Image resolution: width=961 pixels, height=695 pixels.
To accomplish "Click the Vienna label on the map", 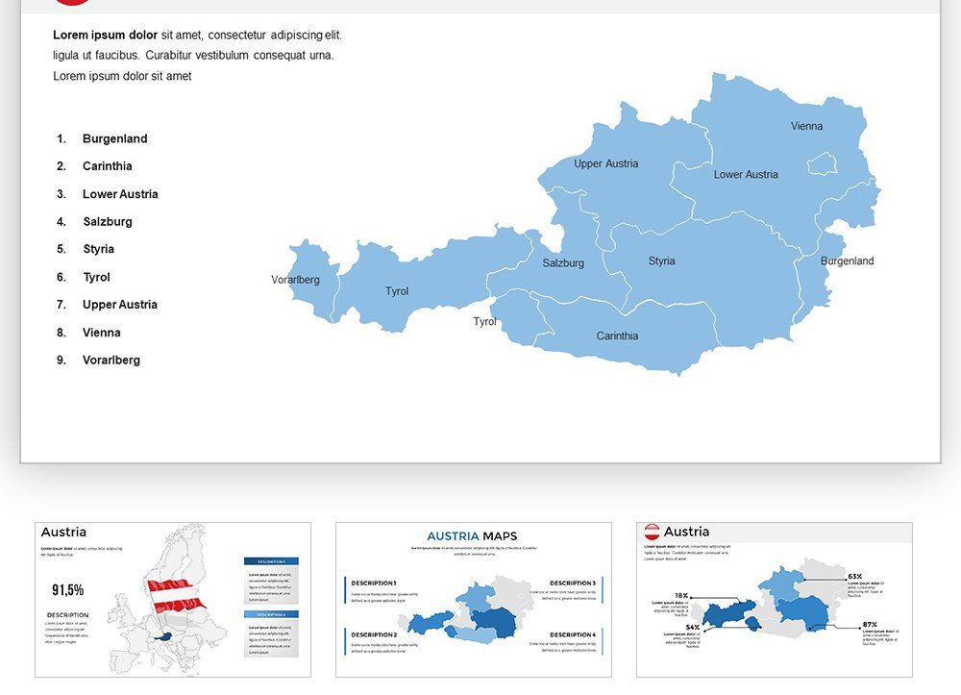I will click(806, 126).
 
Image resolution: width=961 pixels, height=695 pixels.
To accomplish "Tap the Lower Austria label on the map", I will click(746, 175).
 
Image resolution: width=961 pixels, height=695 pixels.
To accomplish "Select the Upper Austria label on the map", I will click(605, 163).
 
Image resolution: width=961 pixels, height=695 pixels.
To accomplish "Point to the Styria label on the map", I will click(661, 261).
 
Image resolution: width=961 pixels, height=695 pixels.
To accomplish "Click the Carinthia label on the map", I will click(617, 336).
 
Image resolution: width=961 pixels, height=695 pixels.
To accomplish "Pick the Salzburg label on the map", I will click(563, 263).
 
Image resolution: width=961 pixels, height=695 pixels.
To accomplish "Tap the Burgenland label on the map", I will click(847, 261).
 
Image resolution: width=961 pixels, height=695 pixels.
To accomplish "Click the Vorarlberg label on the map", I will click(295, 280).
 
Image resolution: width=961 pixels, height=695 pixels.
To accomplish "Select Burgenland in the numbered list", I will click(114, 138).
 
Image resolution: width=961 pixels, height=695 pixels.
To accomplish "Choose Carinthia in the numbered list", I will click(107, 166).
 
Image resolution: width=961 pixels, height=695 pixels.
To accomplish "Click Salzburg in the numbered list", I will click(107, 222).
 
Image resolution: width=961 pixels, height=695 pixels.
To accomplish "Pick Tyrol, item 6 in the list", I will click(96, 278).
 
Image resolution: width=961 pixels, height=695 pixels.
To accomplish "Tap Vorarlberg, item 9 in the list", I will click(111, 360).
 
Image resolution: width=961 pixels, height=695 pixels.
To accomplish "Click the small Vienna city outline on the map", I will click(821, 163).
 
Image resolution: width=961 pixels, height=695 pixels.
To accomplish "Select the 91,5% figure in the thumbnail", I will click(67, 589).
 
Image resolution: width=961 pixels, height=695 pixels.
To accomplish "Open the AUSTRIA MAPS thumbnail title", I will click(472, 536).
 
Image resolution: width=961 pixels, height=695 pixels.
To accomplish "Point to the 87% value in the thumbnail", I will click(869, 625).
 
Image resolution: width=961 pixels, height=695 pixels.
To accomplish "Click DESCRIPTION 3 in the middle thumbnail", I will click(572, 583).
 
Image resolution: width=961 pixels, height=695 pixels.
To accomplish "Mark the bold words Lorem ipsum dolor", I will click(105, 36).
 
